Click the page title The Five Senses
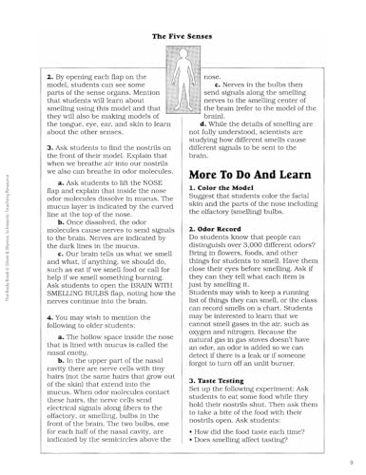coord(183,37)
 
